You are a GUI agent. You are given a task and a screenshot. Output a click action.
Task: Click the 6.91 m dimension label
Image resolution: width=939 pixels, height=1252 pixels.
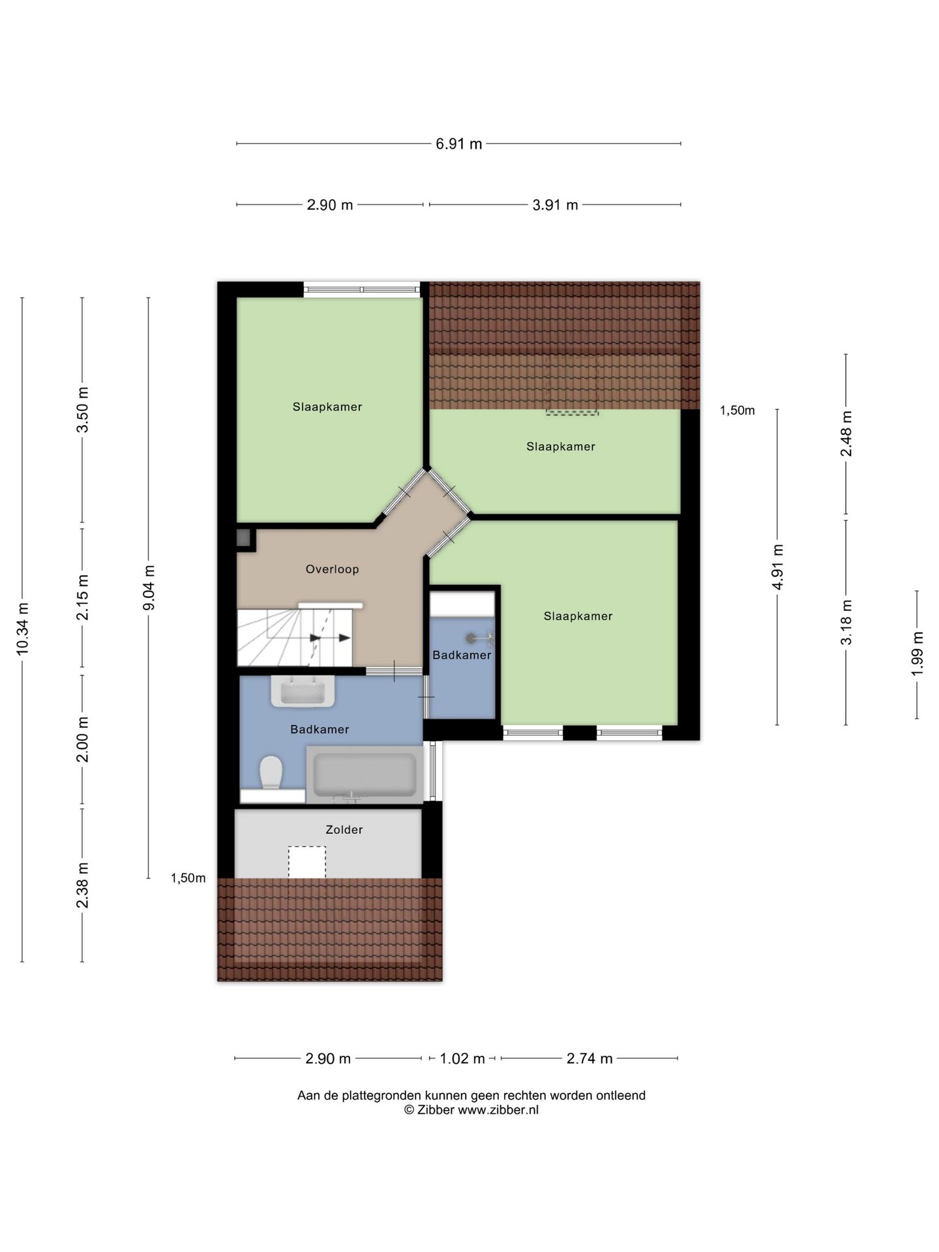[458, 144]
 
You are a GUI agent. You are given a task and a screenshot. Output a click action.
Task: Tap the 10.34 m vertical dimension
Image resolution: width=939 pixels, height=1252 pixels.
[23, 629]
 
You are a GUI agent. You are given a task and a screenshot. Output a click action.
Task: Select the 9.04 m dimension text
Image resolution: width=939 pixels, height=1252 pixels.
[149, 588]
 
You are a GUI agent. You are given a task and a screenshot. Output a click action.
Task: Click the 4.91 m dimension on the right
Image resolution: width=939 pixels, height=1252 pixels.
[777, 566]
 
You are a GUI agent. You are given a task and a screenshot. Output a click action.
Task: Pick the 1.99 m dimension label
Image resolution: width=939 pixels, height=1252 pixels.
[917, 653]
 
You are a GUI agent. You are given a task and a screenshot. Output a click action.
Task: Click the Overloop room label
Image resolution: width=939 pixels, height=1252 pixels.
[333, 569]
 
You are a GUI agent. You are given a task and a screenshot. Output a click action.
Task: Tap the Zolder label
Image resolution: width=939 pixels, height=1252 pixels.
[344, 829]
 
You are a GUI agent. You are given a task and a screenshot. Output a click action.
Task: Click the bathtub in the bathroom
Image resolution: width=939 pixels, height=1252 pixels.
[365, 775]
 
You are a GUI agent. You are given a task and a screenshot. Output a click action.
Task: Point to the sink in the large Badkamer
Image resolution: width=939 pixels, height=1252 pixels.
[303, 691]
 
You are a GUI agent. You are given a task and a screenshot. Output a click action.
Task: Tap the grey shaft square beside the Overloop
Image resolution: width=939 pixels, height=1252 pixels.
[243, 538]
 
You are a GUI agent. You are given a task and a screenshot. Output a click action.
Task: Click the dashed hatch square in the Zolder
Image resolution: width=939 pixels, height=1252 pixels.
[307, 862]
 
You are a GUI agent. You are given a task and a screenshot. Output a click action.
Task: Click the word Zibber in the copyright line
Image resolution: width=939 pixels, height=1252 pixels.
[436, 1110]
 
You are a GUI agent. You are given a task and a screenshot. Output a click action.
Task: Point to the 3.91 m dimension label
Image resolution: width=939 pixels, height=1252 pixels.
[555, 205]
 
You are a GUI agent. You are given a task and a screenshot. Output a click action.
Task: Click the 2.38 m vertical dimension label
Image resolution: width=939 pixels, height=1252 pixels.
[83, 885]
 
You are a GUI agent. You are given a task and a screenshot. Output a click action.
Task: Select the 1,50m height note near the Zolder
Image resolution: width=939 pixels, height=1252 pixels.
[188, 878]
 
